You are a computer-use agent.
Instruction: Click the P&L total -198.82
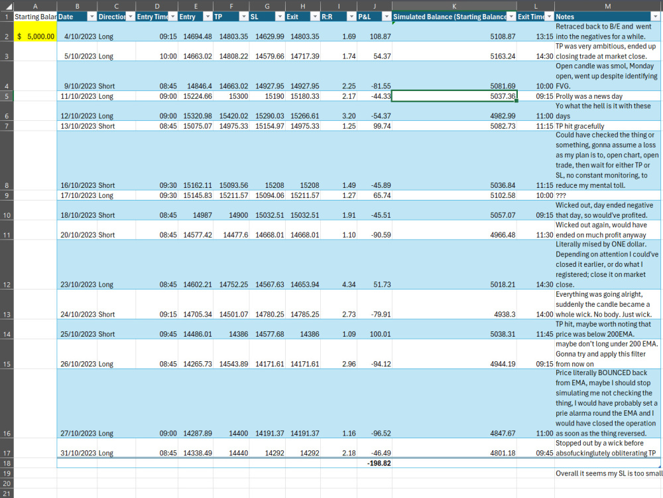point(379,463)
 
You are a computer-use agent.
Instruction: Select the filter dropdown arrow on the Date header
point(91,17)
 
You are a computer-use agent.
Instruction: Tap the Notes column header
point(565,17)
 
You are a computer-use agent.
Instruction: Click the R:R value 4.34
point(349,285)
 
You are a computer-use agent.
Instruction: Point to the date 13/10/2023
point(78,126)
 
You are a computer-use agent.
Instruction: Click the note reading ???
point(561,196)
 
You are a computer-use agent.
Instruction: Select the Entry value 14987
point(202,215)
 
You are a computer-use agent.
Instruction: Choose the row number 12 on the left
point(7,285)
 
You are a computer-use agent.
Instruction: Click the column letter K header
point(454,6)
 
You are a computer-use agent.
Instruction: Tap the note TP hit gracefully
point(579,126)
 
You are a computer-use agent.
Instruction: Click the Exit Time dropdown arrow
point(549,17)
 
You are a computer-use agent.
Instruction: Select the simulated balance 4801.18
point(503,453)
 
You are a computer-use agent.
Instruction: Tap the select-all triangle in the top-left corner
point(9,7)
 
